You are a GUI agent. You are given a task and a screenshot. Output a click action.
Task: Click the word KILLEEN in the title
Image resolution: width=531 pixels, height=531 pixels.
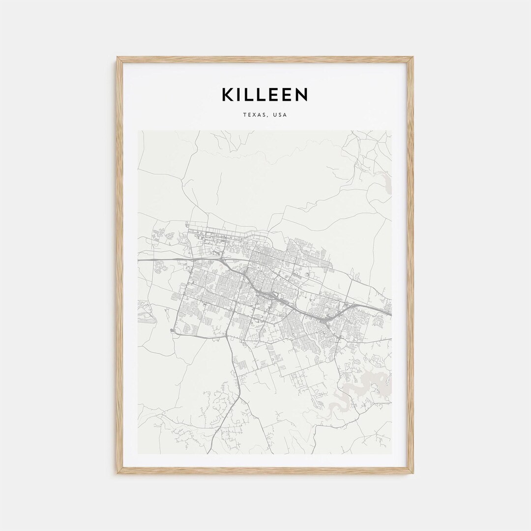click(265, 94)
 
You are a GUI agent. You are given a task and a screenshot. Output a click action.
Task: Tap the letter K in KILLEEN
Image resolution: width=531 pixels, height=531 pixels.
click(228, 94)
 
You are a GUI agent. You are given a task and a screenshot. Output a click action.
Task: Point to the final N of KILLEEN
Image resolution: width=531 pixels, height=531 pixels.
click(301, 94)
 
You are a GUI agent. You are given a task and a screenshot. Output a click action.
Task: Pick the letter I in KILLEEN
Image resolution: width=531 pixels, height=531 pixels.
click(241, 94)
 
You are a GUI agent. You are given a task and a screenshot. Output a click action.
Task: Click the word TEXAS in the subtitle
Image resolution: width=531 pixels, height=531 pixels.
click(255, 115)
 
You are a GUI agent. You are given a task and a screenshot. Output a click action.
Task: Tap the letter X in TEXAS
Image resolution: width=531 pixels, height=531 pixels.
click(254, 115)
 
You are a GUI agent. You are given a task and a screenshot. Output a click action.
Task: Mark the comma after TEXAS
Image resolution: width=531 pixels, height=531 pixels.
click(269, 117)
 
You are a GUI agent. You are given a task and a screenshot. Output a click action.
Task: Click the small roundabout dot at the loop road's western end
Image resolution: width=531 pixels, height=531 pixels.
click(172, 330)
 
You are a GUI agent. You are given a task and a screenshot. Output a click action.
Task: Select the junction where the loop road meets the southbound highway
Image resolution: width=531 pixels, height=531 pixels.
click(227, 337)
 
